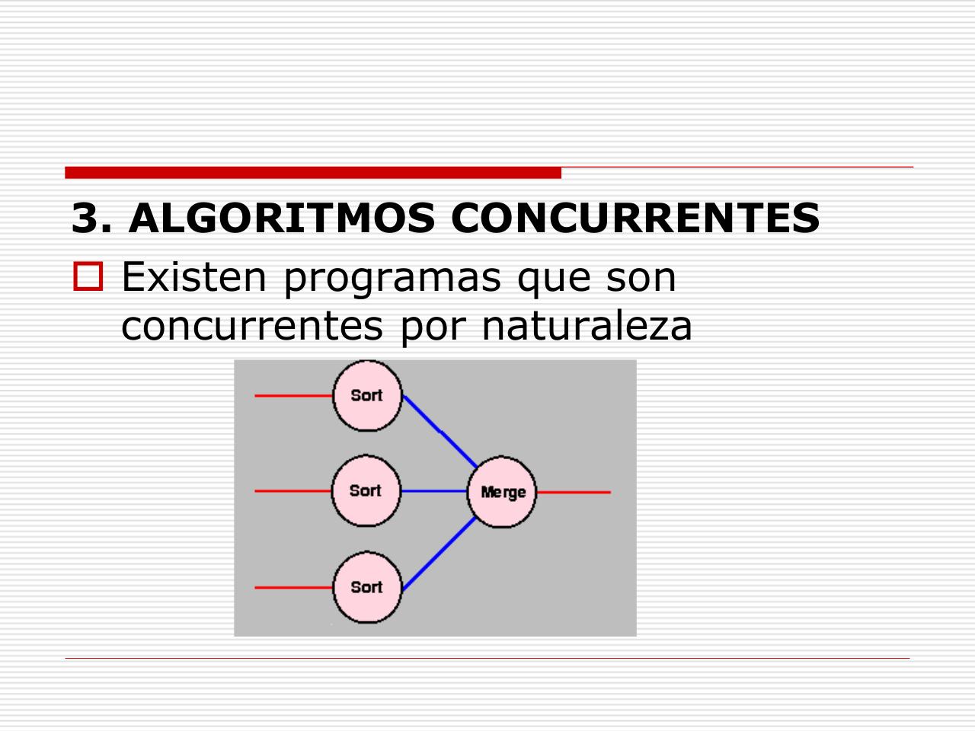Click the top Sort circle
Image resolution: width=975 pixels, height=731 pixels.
(x=367, y=395)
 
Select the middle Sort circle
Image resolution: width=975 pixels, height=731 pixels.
(x=366, y=490)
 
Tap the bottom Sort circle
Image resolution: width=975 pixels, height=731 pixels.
(x=367, y=587)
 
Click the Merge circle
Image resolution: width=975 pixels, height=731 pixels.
(x=501, y=492)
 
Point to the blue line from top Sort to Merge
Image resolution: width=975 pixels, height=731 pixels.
(x=440, y=432)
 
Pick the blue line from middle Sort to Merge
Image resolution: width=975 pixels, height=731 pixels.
(x=434, y=491)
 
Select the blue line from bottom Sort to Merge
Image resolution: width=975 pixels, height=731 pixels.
(x=439, y=554)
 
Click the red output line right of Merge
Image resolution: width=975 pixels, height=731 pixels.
(x=574, y=492)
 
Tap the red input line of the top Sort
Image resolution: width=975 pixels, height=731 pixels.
(x=293, y=395)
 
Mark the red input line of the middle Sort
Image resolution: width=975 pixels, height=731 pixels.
(x=293, y=491)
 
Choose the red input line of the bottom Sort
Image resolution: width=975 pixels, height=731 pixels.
(x=293, y=588)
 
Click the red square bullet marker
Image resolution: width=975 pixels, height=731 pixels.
(x=88, y=276)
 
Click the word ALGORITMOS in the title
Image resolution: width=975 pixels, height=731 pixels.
(x=282, y=218)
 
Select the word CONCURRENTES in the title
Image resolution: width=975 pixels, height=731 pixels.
(x=635, y=218)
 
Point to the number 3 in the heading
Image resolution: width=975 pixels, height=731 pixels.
(x=85, y=218)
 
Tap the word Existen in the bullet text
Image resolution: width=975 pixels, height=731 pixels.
(x=193, y=277)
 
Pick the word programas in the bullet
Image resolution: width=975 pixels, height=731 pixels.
(x=392, y=280)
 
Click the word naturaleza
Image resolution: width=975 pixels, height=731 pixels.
(x=587, y=326)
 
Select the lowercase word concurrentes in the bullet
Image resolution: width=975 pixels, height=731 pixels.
(x=252, y=327)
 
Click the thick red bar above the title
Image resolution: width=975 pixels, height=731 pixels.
(x=313, y=173)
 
